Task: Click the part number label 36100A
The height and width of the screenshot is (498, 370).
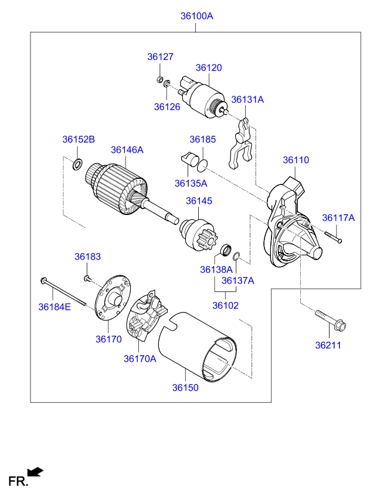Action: (196, 16)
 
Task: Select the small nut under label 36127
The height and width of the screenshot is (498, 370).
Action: (160, 79)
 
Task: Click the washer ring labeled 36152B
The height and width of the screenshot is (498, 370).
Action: (77, 164)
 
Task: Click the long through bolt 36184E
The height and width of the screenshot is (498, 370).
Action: (63, 292)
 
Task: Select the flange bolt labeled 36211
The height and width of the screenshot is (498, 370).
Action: (330, 320)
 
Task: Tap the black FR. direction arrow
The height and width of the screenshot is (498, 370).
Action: (35, 472)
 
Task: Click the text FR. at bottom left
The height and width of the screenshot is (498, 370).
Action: (18, 482)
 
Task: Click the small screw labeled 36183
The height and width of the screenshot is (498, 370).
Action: (87, 278)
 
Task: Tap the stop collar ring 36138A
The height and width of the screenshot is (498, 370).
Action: (226, 250)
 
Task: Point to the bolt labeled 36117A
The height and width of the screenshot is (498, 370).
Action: (333, 237)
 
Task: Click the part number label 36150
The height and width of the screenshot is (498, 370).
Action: (185, 388)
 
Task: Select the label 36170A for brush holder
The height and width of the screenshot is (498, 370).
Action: (140, 359)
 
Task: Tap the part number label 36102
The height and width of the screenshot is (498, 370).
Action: (225, 305)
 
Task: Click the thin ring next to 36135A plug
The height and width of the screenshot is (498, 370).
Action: (202, 165)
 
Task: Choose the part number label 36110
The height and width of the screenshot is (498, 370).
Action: (296, 160)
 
